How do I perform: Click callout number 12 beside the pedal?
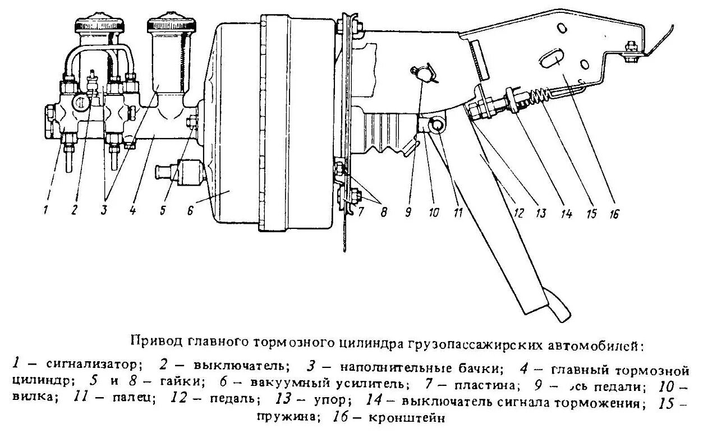pyautogui.click(x=519, y=213)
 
